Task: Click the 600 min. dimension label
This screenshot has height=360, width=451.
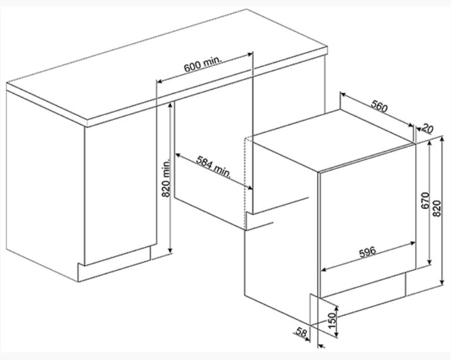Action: coord(203,64)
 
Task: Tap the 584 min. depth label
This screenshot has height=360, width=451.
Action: coord(213,166)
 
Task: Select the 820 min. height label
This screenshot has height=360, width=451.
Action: coord(166,179)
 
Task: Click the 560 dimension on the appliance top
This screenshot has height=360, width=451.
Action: coord(380,106)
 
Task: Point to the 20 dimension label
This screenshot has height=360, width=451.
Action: coord(428,129)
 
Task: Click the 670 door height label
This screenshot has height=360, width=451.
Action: coord(425,200)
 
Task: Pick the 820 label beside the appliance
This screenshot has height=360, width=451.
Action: coord(437,208)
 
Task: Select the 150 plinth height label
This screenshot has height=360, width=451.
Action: coord(332,321)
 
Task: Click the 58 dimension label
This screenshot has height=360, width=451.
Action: coord(302,332)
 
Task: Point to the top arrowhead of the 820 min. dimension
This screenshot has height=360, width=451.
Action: coord(170,105)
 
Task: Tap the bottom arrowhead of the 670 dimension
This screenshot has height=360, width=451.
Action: coord(430,262)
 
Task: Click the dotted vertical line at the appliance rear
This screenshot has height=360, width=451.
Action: coord(245,183)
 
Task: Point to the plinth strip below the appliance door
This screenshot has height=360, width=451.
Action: coord(363,285)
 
